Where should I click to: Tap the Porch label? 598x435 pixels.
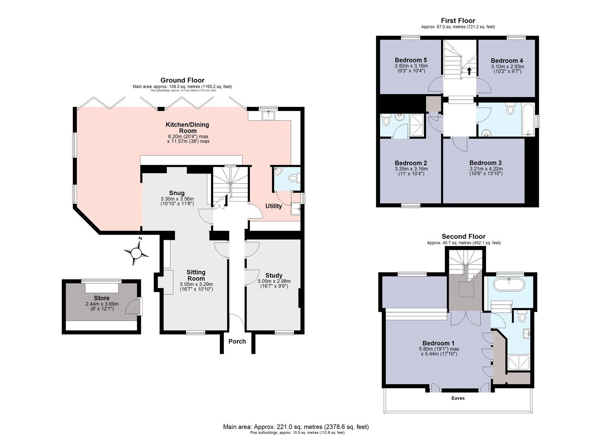[237, 341]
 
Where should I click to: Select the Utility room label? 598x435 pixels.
[274, 206]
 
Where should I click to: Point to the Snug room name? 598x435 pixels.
[177, 193]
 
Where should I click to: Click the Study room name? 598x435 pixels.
[274, 276]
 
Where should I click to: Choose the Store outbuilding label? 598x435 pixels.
[102, 298]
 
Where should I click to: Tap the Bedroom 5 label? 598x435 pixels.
[411, 60]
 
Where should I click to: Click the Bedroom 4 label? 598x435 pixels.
[507, 61]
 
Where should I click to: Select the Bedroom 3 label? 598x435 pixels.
[486, 163]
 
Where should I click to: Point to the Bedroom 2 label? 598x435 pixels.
[411, 163]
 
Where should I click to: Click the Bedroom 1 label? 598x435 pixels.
[438, 343]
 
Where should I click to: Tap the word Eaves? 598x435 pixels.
[458, 398]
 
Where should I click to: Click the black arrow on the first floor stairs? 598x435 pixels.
[469, 71]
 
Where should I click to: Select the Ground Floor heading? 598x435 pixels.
[182, 80]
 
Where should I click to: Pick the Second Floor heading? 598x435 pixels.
[463, 236]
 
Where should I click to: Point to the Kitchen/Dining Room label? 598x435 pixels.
[187, 128]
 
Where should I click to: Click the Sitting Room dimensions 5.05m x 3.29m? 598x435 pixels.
[197, 284]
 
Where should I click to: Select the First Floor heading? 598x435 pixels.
[458, 21]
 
